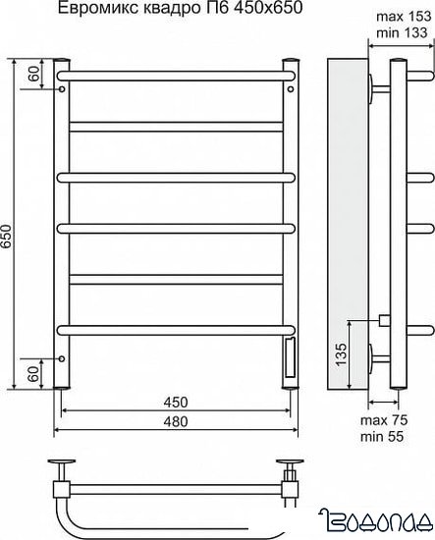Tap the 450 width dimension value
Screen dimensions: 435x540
coord(176,403)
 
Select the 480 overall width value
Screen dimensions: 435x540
coord(176,421)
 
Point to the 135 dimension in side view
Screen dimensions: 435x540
coord(342,354)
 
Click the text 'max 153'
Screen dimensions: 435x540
coord(404,16)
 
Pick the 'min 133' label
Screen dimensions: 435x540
coord(402,33)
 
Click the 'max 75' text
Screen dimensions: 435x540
coord(384,420)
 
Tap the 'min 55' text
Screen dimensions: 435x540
coord(382,437)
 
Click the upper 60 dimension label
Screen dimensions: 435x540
coord(34,74)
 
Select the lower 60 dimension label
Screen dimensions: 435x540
coord(33,374)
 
